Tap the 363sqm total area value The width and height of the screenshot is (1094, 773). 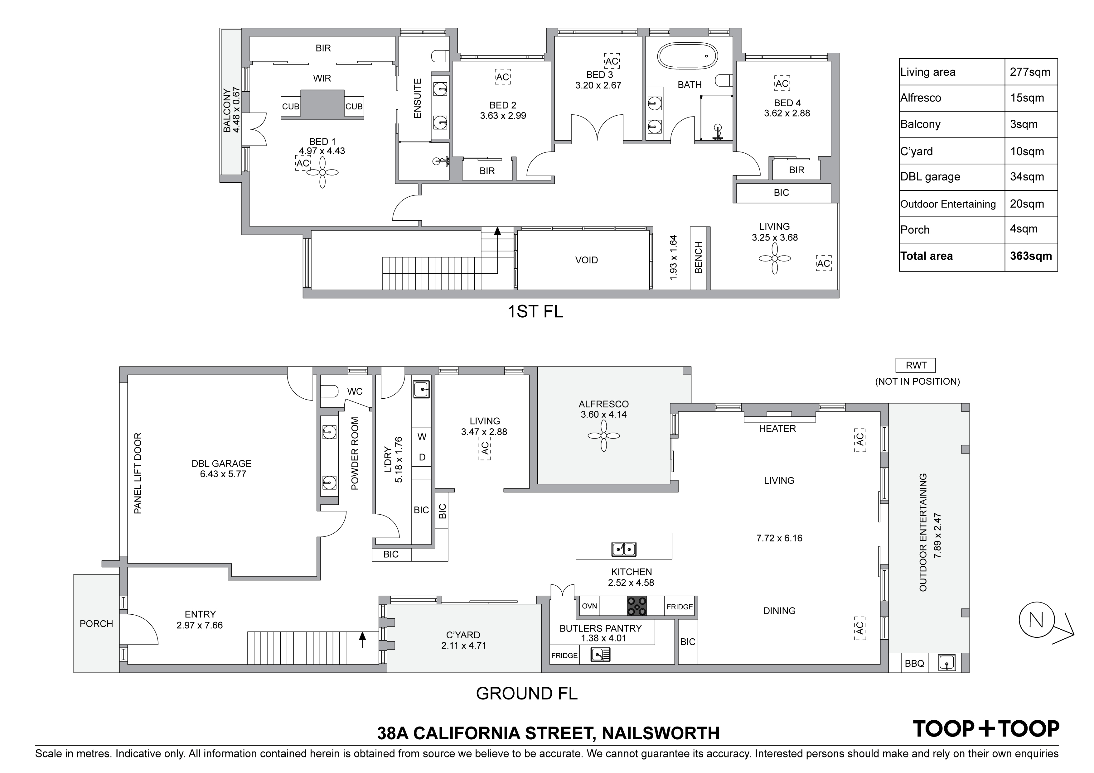tap(1031, 256)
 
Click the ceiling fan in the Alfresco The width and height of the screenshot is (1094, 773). tap(603, 436)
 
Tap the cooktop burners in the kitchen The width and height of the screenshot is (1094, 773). tap(637, 606)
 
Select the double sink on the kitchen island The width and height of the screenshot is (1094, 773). tap(624, 549)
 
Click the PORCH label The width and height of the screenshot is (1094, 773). tap(96, 624)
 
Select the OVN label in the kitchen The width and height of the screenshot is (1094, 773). tap(589, 606)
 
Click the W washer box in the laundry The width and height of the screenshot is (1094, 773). tap(422, 437)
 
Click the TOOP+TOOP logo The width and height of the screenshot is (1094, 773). tap(986, 729)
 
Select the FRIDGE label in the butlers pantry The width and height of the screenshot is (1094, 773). tap(564, 656)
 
